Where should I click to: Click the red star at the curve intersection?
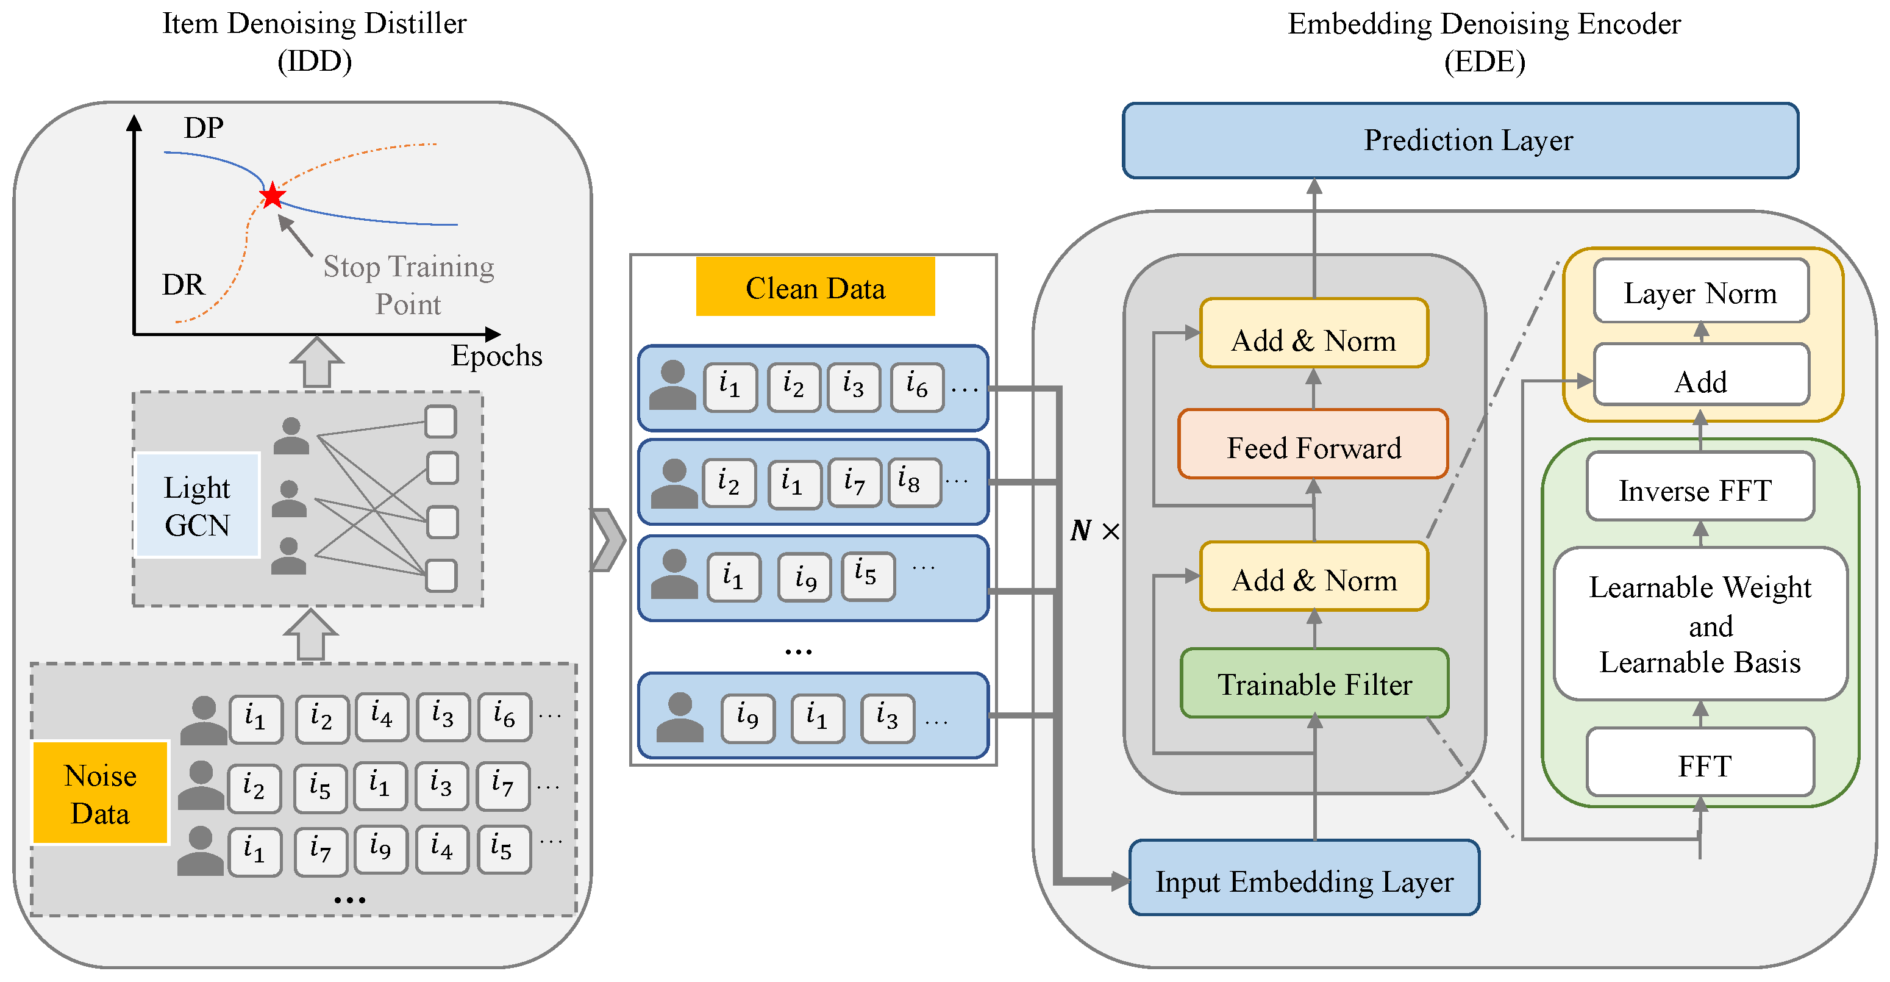point(272,195)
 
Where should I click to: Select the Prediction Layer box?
point(1460,140)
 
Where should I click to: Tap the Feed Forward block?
point(1313,445)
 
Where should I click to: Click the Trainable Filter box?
point(1313,683)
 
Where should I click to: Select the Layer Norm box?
point(1699,292)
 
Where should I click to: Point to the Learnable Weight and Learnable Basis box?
point(1699,624)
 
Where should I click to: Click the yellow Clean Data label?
point(815,286)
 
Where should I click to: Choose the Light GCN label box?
point(197,505)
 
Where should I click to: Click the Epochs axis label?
point(496,355)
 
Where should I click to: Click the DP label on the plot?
point(203,127)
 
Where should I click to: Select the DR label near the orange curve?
point(183,284)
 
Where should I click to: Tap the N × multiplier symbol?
point(1094,530)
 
